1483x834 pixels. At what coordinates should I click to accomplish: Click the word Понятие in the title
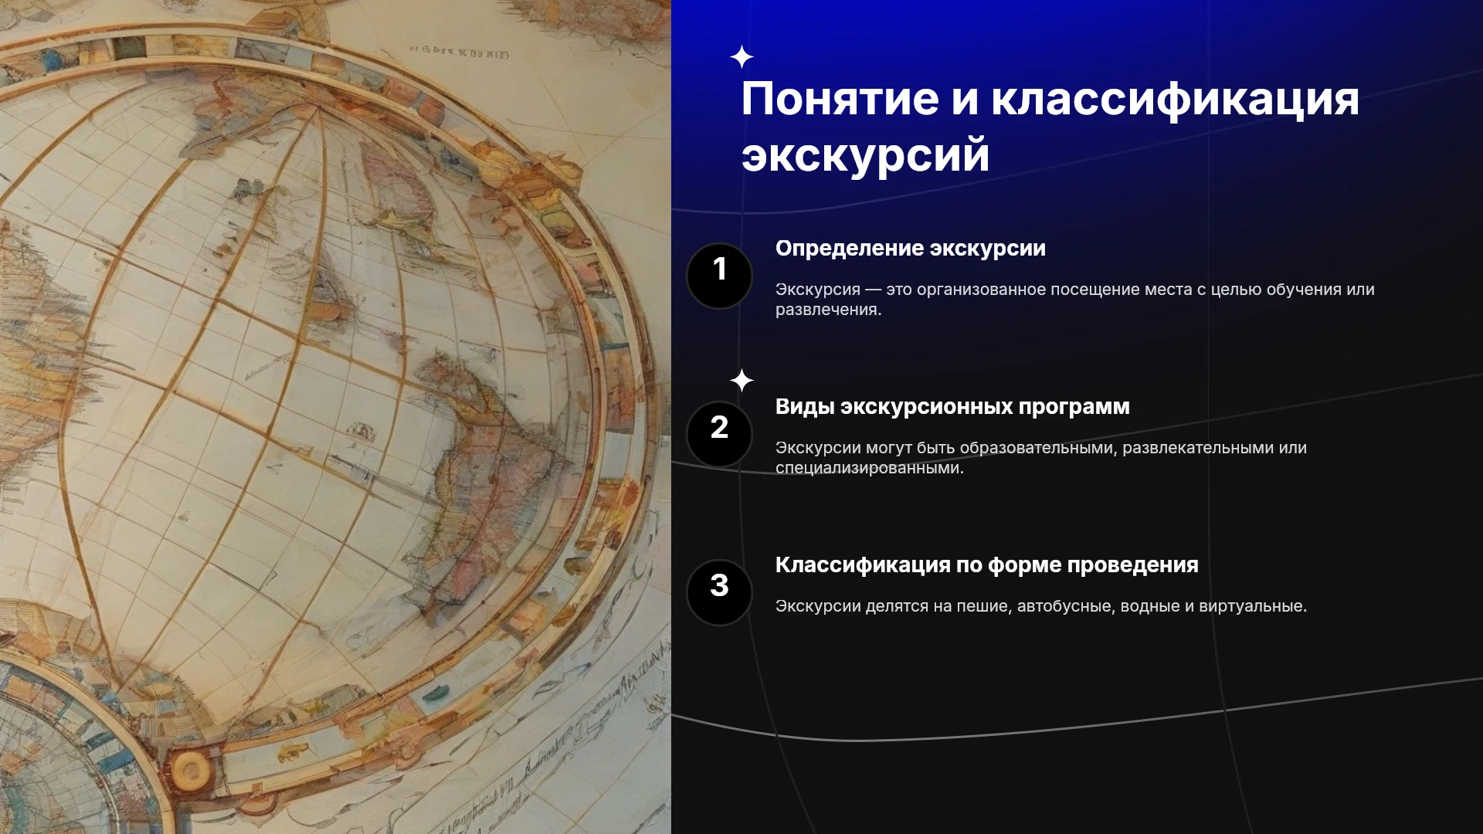tap(840, 100)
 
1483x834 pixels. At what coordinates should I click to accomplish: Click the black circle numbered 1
tap(719, 276)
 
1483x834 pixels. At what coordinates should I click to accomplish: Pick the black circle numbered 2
tap(719, 434)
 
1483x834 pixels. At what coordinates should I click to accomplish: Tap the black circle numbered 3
tap(719, 592)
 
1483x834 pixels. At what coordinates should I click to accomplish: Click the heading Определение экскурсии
tap(911, 249)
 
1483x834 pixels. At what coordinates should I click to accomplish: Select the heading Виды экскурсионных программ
tap(952, 407)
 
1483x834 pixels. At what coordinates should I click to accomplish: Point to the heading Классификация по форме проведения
tap(987, 565)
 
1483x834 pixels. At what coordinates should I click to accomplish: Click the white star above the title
tap(741, 57)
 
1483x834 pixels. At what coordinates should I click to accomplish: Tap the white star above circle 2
tap(741, 381)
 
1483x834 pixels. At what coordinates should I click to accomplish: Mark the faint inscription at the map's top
tap(459, 53)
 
